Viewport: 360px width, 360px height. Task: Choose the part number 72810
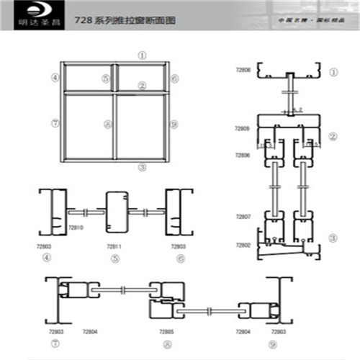76,228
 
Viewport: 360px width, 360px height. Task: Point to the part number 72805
166,331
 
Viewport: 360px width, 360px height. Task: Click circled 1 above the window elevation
143,54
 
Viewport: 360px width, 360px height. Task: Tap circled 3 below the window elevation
143,167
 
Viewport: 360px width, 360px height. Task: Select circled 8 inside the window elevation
107,124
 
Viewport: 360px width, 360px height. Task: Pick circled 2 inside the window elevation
143,86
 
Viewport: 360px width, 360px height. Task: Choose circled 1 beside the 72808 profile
333,73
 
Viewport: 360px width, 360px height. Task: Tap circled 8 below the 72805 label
166,343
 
